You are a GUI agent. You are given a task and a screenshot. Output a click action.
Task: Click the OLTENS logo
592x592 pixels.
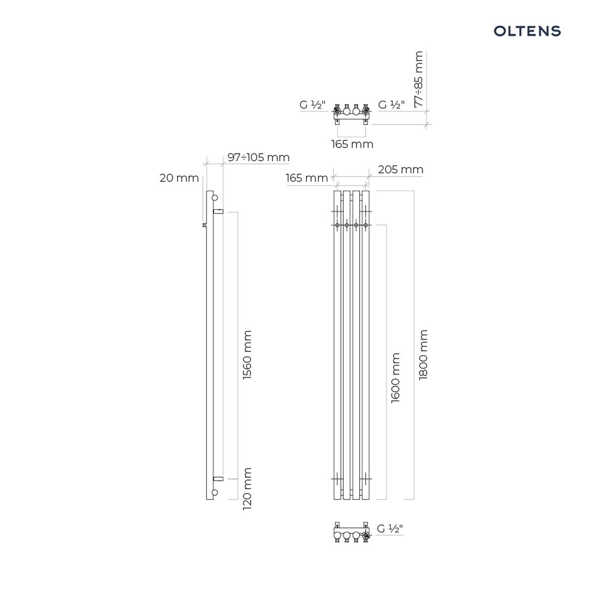tap(527, 31)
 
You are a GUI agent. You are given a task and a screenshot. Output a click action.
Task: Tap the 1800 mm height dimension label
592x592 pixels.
tap(423, 355)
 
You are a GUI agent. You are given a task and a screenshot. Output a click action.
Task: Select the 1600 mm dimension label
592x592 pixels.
tap(395, 378)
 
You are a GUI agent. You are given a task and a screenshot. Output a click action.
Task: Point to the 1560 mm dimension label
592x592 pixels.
tap(247, 355)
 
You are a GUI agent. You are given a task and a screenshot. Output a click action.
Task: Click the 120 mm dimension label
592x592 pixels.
tap(247, 489)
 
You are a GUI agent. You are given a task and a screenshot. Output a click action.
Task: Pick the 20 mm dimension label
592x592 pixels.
tap(179, 178)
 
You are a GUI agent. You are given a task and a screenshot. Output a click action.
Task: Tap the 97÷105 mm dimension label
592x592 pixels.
tap(259, 157)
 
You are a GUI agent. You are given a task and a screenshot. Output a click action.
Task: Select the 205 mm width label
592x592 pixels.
tap(401, 170)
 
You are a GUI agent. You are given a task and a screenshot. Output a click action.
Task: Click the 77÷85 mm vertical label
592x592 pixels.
tap(418, 79)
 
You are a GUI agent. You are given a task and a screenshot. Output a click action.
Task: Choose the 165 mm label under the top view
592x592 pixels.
tap(352, 144)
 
